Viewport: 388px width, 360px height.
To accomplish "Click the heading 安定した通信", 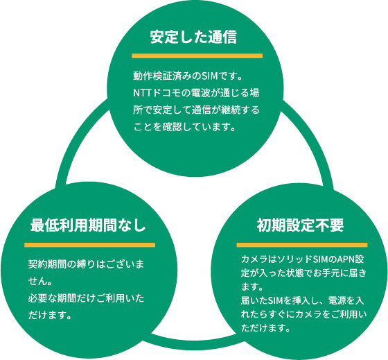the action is click(193, 37).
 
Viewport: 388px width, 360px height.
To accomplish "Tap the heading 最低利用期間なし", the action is click(88, 225).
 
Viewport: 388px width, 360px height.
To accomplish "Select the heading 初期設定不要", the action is click(300, 225).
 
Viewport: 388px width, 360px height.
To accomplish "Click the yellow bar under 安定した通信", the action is click(197, 56).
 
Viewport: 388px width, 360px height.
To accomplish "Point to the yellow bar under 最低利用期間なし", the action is click(90, 245).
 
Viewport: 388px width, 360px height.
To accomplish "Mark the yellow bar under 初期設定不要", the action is click(302, 245).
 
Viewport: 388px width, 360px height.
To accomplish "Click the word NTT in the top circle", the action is click(143, 93).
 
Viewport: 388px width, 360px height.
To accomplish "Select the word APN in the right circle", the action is click(346, 259).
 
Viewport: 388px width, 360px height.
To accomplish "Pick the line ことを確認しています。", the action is click(184, 127).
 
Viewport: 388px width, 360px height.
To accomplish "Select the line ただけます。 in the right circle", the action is click(265, 328).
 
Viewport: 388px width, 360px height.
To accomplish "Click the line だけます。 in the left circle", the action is click(50, 315).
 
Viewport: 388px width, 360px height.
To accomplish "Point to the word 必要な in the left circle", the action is click(42, 298).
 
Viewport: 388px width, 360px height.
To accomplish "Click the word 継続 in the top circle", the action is click(231, 110).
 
